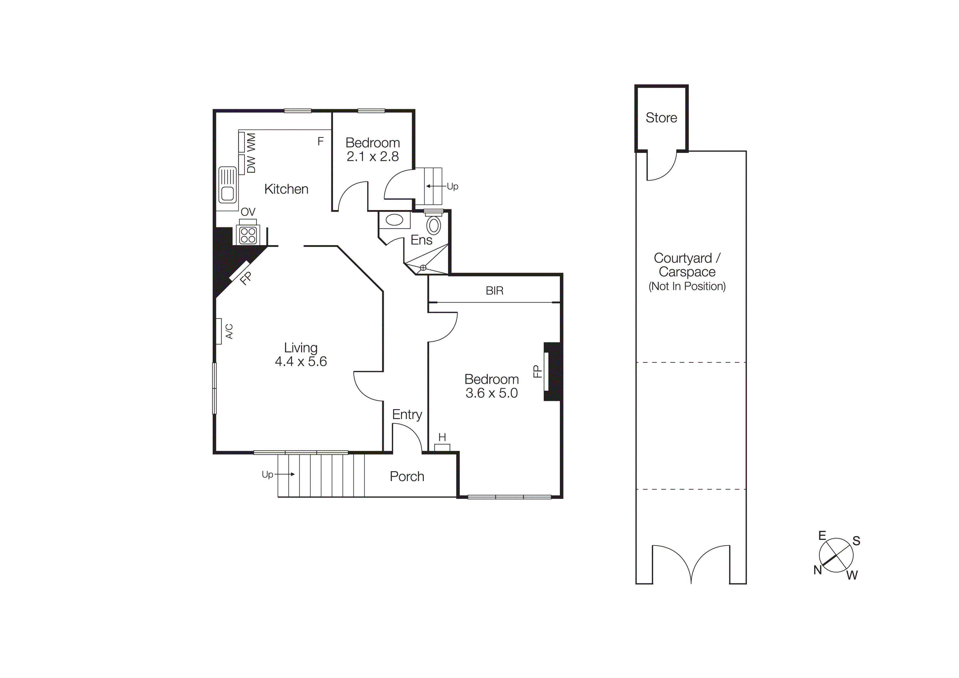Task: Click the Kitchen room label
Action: point(286,189)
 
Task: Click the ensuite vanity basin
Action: point(394,220)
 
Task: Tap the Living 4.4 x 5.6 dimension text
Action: point(301,361)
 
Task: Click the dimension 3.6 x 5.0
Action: point(492,393)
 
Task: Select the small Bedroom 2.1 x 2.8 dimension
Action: point(373,157)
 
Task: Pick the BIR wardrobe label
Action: point(495,291)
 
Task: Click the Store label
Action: point(661,118)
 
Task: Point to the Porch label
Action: point(407,477)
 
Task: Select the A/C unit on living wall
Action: point(218,331)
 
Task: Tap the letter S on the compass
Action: point(856,541)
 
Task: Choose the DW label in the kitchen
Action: point(251,164)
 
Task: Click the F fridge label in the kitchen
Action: point(320,142)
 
